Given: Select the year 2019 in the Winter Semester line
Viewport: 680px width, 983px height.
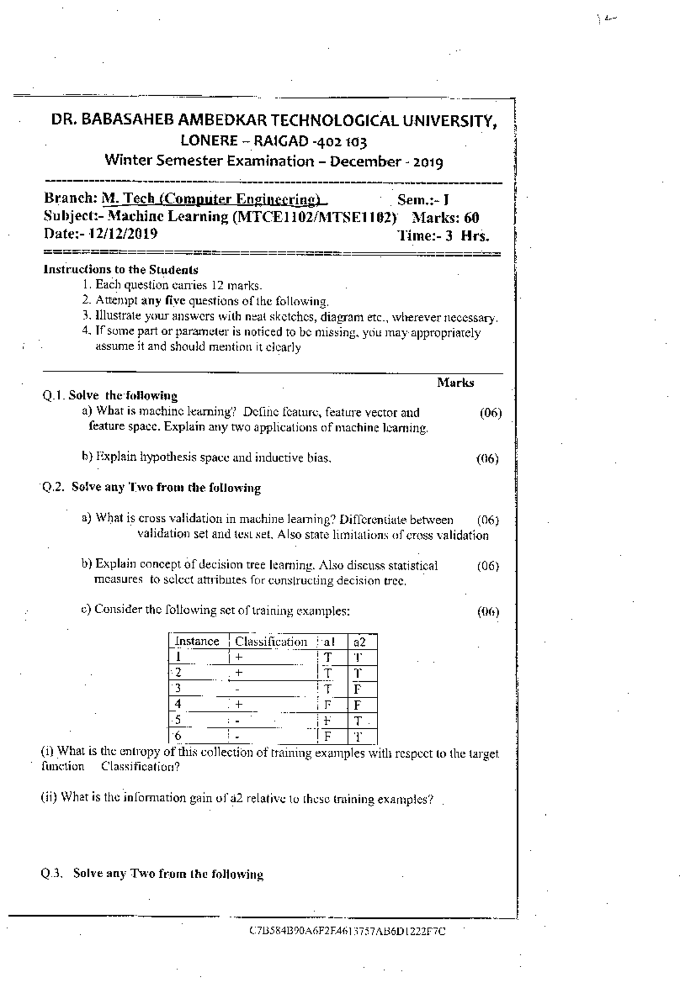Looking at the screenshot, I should pos(428,163).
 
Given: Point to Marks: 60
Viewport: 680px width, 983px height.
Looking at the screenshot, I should pos(445,217).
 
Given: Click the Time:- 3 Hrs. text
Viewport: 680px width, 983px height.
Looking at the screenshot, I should pos(443,236).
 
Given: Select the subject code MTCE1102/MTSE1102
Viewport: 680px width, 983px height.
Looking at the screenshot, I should pos(315,217).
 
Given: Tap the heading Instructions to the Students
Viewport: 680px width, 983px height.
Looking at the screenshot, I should pos(121,270).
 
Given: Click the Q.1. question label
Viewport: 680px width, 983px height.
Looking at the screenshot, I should pos(54,396).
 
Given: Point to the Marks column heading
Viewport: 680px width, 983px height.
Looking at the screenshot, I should pos(456,383).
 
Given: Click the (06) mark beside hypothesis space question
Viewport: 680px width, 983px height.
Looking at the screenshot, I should pos(487,459).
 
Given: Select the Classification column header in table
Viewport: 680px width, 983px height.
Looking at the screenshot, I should pos(271,642).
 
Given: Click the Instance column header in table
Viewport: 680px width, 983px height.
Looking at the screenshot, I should pos(197,642).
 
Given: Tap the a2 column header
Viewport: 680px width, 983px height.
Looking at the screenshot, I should pos(359,642).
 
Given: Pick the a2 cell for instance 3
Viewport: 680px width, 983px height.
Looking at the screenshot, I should pos(357,689).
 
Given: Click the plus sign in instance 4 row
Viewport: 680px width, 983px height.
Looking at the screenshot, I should pos(239,704).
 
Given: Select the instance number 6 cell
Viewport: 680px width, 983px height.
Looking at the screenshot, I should pos(178,736).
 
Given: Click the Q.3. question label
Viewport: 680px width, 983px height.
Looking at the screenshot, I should pos(51,873).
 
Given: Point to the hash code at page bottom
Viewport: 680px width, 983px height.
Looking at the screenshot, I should pos(347,931).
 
